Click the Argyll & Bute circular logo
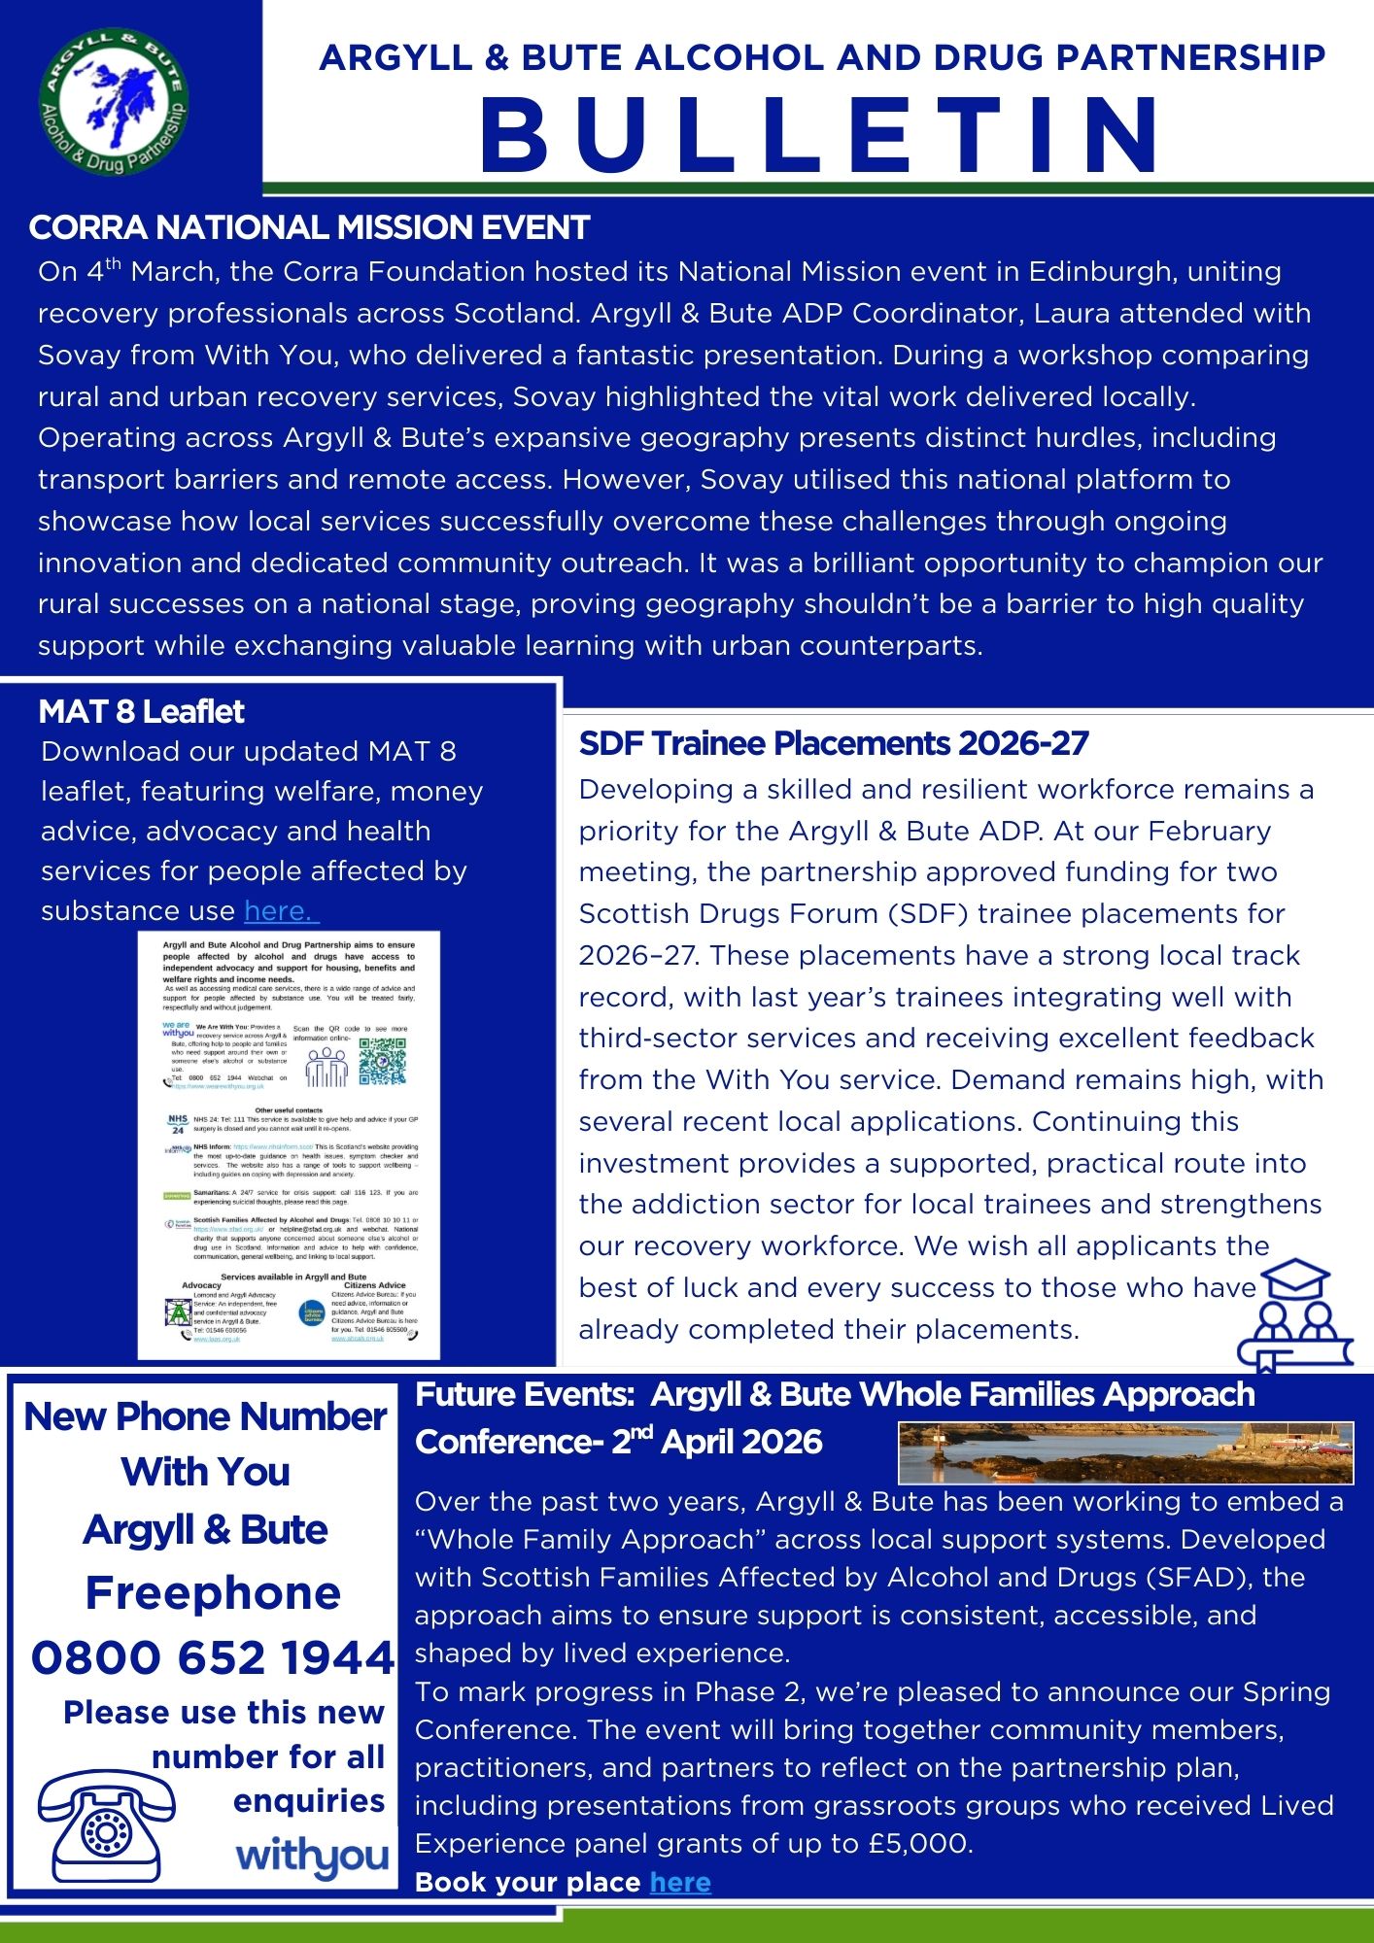click(x=114, y=102)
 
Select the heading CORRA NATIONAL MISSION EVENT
click(x=309, y=227)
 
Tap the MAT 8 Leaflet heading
click(x=142, y=712)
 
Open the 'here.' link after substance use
click(x=280, y=911)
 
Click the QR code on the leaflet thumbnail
click(x=382, y=1061)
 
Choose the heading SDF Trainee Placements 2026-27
click(x=834, y=743)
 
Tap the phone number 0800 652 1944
click(x=212, y=1657)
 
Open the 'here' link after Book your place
click(x=680, y=1883)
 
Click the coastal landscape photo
click(x=1125, y=1452)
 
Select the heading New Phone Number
click(x=205, y=1416)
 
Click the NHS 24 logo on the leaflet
click(x=177, y=1124)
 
